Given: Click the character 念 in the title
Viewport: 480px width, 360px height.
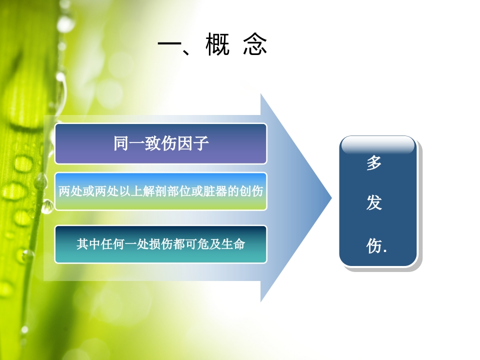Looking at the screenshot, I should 255,45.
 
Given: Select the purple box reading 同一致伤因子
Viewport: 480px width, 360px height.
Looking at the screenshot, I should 160,143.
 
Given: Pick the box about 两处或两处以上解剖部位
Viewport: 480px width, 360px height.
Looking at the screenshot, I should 160,191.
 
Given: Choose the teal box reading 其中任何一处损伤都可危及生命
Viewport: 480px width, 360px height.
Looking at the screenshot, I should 160,244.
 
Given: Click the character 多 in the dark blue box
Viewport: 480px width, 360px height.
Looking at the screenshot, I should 374,163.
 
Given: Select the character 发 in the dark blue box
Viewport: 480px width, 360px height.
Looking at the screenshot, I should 374,203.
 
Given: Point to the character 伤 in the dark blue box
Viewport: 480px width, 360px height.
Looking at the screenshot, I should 374,245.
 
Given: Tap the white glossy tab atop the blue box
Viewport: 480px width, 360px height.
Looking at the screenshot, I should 377,144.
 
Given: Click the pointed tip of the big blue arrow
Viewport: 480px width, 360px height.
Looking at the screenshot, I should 330,197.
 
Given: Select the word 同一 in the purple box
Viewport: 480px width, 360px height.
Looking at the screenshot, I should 125,143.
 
